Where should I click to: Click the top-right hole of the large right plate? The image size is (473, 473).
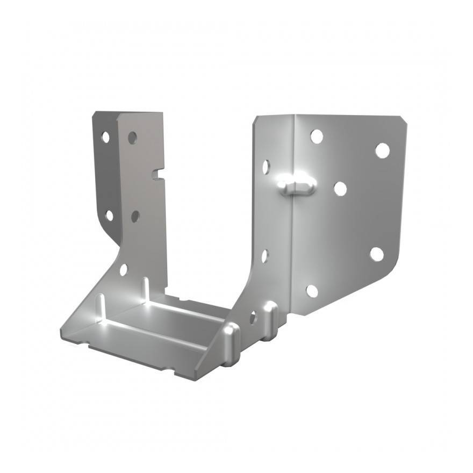(x=382, y=150)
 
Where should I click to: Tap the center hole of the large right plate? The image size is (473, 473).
(x=340, y=189)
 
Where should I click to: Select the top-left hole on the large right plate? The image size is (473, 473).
(x=317, y=137)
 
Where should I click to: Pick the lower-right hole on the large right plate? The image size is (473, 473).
(x=377, y=254)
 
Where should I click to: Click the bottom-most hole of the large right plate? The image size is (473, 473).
(x=312, y=291)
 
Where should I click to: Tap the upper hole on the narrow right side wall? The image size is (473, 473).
(x=266, y=167)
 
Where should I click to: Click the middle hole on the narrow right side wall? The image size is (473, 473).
(x=264, y=256)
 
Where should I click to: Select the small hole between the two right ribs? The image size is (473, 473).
(x=253, y=318)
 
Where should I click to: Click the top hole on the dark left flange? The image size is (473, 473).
(x=105, y=137)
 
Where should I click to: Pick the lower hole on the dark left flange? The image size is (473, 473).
(x=109, y=216)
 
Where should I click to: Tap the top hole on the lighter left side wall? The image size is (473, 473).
(x=132, y=138)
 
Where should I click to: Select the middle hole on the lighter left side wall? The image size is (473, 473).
(x=135, y=216)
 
